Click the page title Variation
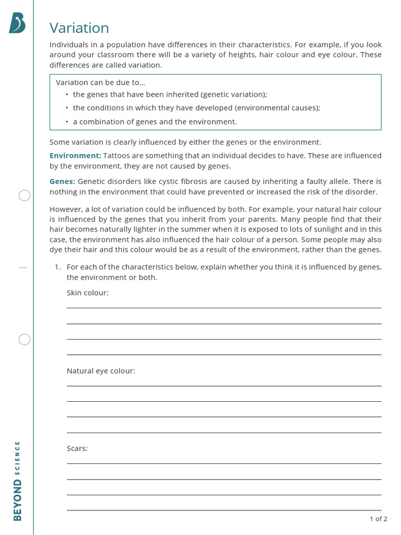pyautogui.click(x=79, y=28)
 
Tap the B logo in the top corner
pyautogui.click(x=17, y=23)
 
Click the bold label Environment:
pyautogui.click(x=75, y=156)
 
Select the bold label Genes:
pyautogui.click(x=62, y=181)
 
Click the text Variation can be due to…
pyautogui.click(x=100, y=83)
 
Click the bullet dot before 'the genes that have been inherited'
pyautogui.click(x=67, y=95)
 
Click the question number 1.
pyautogui.click(x=58, y=267)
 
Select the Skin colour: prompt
pyautogui.click(x=88, y=293)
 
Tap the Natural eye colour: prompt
pyautogui.click(x=101, y=371)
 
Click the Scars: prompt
pyautogui.click(x=77, y=448)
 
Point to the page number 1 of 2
pyautogui.click(x=378, y=519)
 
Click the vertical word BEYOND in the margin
pyautogui.click(x=18, y=500)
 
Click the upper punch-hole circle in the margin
pyautogui.click(x=25, y=196)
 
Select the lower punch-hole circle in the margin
pyautogui.click(x=25, y=340)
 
